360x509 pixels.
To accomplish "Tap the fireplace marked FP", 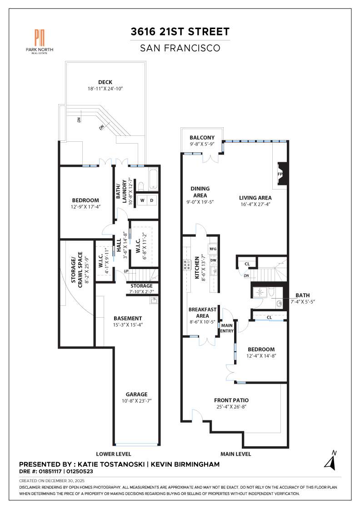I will pos(280,174).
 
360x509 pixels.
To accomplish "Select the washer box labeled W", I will pos(142,200).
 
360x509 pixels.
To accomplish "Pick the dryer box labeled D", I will pos(152,200).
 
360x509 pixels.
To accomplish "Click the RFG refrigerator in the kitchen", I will pos(212,249).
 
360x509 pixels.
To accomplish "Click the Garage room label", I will pos(137,394).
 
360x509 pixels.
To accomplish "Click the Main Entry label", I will pos(226,328).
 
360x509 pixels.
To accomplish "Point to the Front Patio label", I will pos(231,400).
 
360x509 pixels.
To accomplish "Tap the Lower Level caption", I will pos(114,454).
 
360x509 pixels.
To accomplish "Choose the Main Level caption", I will pos(235,454).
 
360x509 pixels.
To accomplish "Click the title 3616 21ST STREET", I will pos(180,32).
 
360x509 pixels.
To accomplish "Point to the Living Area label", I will pos(255,198).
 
